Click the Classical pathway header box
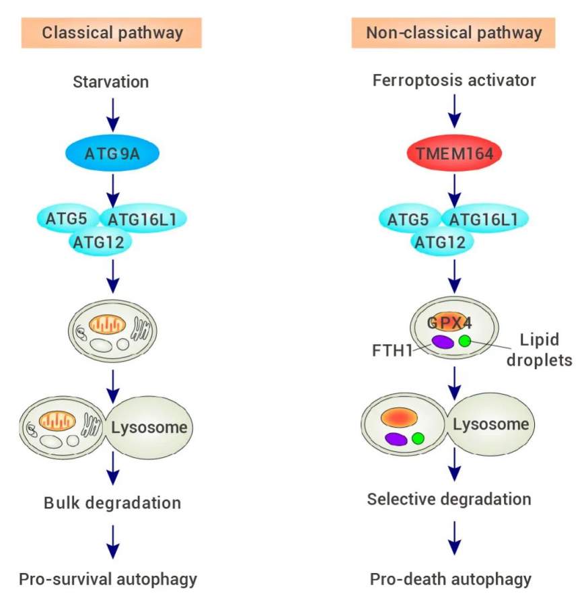click(x=112, y=32)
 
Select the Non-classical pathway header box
click(x=454, y=32)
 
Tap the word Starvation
click(x=112, y=83)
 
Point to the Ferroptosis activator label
click(x=455, y=81)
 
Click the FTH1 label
click(x=392, y=351)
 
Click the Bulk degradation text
click(x=112, y=502)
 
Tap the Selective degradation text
click(x=449, y=499)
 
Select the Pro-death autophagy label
click(x=451, y=579)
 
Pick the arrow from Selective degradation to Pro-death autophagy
click(x=455, y=537)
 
